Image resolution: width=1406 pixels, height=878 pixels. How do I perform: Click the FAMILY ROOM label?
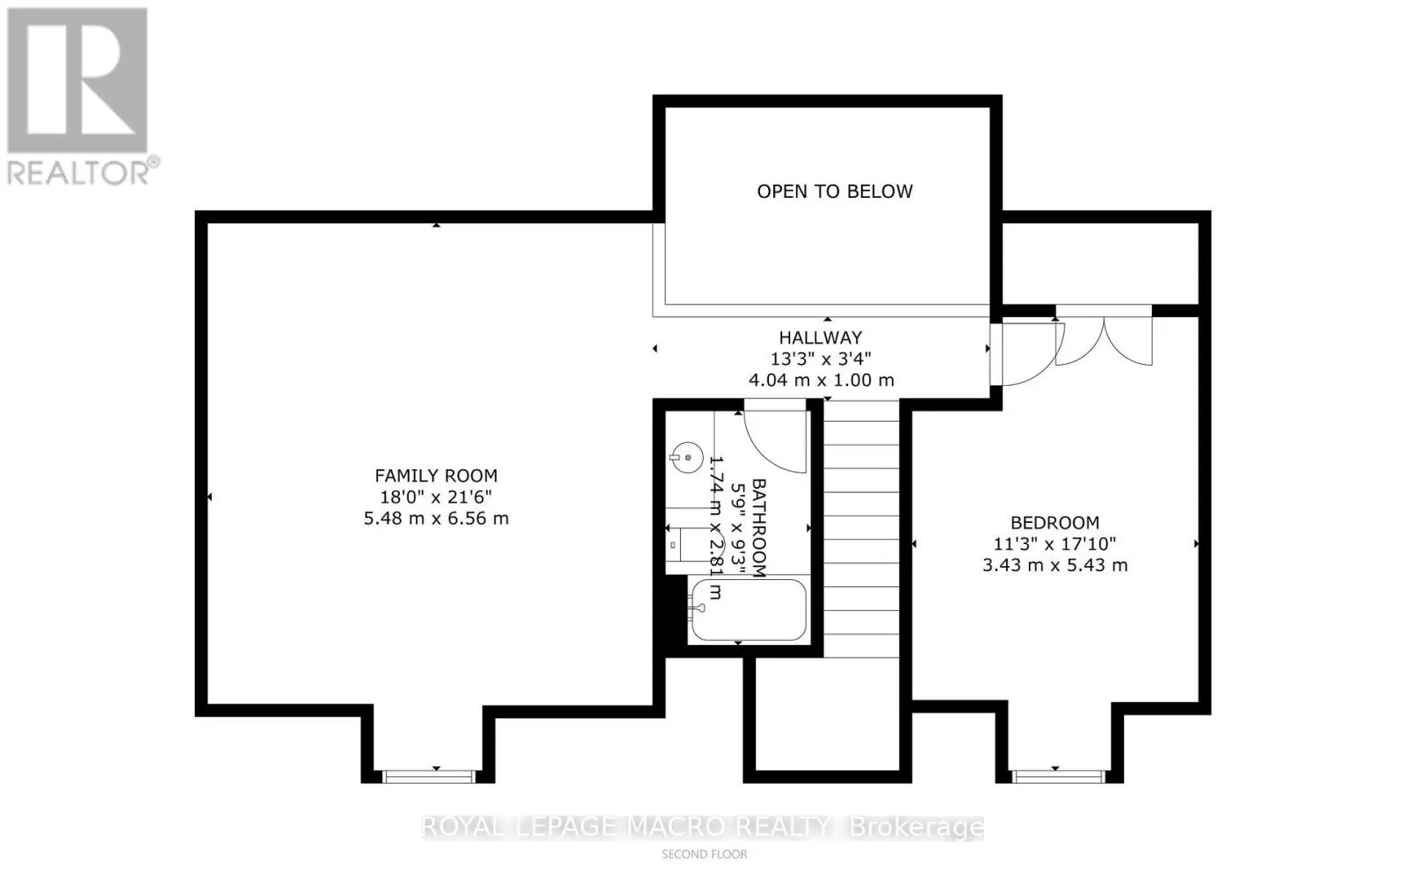[x=436, y=475]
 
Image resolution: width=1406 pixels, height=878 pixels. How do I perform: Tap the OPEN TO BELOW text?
[x=835, y=192]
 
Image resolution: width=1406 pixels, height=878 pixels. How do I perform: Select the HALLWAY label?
[x=821, y=337]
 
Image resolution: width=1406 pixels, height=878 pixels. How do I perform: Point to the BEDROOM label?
[x=1054, y=523]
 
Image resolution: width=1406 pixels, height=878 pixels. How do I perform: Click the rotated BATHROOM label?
[x=759, y=528]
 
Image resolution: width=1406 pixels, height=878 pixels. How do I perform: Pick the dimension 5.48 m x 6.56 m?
[x=436, y=519]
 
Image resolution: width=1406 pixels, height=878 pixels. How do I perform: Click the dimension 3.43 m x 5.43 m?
[x=1054, y=565]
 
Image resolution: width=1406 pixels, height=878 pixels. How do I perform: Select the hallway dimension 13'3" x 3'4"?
[x=821, y=359]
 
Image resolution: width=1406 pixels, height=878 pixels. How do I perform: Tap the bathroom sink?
[x=686, y=458]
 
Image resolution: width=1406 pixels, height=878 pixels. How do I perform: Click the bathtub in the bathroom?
[x=749, y=610]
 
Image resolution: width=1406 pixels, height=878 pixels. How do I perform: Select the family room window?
[x=430, y=777]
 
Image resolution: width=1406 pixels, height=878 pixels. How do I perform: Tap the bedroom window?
[x=1059, y=777]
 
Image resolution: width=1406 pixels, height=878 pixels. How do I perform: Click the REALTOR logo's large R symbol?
[x=77, y=80]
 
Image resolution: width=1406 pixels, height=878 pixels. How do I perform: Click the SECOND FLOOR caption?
[x=704, y=855]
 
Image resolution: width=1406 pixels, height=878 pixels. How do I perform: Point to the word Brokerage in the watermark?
[x=917, y=828]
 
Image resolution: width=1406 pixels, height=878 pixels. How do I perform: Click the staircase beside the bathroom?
[x=861, y=529]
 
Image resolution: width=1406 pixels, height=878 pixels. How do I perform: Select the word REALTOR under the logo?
[x=78, y=172]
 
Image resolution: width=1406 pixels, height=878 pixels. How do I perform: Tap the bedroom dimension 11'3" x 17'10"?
[x=1054, y=544]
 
